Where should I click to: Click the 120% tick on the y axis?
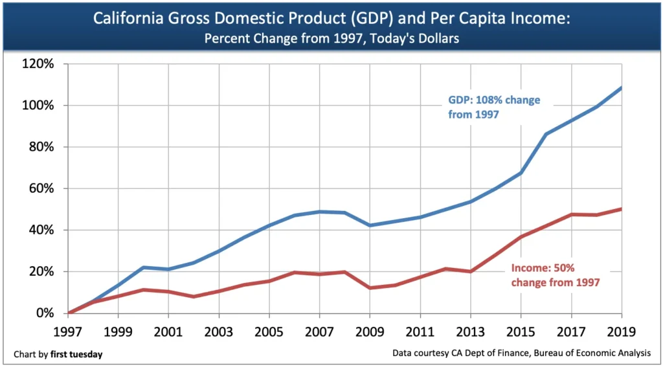[x=39, y=64]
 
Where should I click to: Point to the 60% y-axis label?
[x=42, y=189]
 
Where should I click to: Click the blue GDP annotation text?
[x=494, y=107]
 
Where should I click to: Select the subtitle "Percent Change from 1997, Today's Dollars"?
[x=331, y=38]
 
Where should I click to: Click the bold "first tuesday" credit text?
[x=76, y=354]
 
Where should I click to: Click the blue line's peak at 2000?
[x=143, y=267]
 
